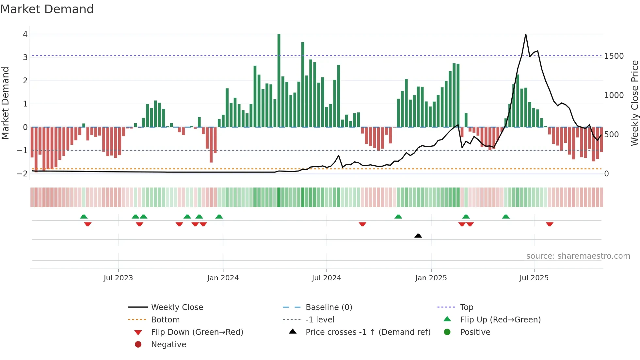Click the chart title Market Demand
point(47,9)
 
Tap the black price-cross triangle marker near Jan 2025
point(418,236)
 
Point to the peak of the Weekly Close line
point(525,34)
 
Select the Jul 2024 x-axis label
point(326,278)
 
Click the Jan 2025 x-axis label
point(431,278)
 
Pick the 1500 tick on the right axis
point(614,56)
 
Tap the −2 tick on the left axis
point(23,173)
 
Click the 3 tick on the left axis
point(25,57)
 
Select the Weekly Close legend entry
point(177,307)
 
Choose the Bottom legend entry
point(165,320)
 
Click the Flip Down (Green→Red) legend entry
point(197,332)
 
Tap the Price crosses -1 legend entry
point(368,332)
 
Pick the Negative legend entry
point(168,345)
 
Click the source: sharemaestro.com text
point(578,256)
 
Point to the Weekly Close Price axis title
point(634,103)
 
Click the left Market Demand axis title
point(5,103)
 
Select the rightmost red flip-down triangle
point(550,224)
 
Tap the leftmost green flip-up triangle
point(84,217)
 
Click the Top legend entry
point(466,307)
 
